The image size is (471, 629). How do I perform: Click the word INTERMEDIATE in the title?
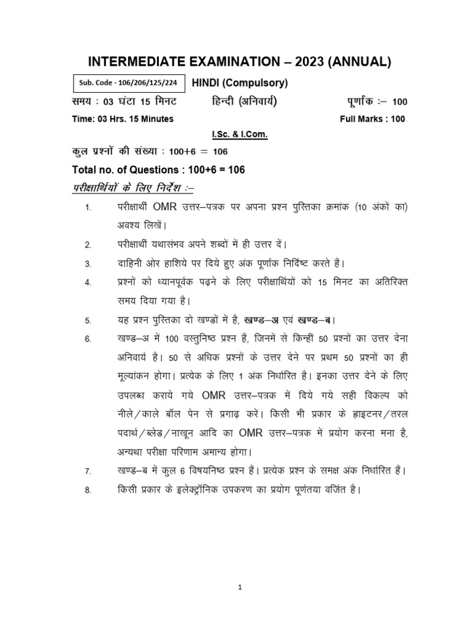click(x=142, y=61)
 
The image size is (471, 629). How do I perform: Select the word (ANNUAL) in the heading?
click(x=361, y=61)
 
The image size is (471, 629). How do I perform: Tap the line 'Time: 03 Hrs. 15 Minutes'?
click(x=123, y=119)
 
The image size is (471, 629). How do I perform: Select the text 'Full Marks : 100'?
click(x=372, y=119)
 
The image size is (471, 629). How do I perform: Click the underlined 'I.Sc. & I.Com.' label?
click(x=235, y=134)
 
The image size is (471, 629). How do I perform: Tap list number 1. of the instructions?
click(x=88, y=209)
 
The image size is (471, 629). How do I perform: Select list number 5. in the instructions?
click(x=88, y=321)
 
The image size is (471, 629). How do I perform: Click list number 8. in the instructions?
click(x=88, y=490)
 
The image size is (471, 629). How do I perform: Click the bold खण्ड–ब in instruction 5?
click(x=316, y=320)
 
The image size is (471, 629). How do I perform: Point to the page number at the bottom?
click(x=240, y=587)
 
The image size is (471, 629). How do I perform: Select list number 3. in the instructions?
click(x=88, y=264)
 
